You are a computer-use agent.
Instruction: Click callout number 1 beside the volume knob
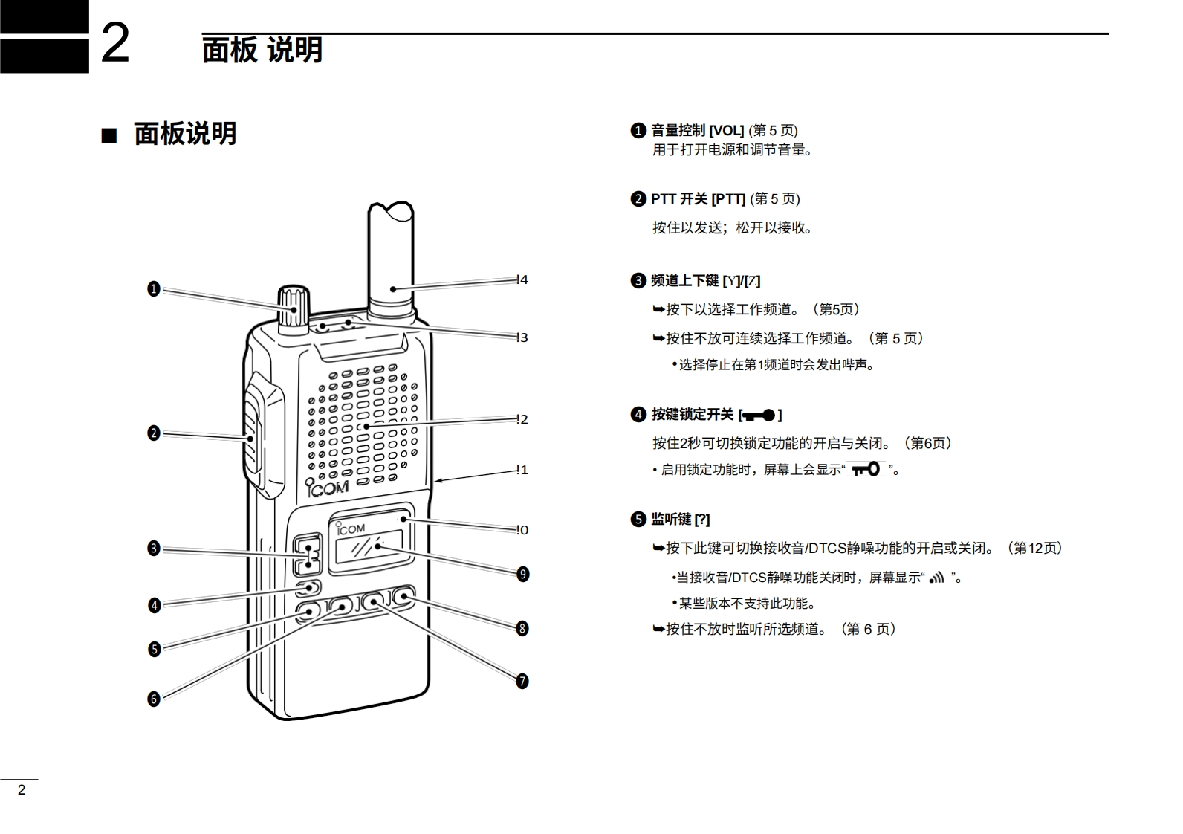click(x=154, y=288)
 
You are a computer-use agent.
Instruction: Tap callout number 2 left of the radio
click(x=154, y=433)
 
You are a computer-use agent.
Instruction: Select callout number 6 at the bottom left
click(x=154, y=699)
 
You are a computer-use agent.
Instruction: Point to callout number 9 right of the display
click(x=523, y=574)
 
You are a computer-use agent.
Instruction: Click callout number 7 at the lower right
click(x=522, y=681)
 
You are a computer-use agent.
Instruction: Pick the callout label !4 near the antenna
click(x=522, y=280)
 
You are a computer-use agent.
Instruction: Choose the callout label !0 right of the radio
click(x=522, y=530)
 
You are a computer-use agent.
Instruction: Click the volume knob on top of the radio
click(x=293, y=306)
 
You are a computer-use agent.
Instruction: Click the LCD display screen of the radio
click(x=369, y=548)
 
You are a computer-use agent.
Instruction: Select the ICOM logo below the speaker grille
click(x=328, y=488)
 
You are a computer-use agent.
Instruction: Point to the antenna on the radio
click(x=390, y=253)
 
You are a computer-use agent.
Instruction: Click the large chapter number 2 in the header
click(x=114, y=44)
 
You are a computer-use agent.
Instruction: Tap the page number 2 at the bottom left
click(x=22, y=790)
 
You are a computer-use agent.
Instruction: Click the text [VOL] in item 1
click(x=727, y=131)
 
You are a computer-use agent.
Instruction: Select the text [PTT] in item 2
click(x=728, y=199)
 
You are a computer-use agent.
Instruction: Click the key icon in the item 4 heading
click(x=759, y=415)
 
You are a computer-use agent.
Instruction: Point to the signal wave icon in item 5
click(x=936, y=578)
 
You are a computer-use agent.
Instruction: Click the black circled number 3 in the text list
click(x=638, y=281)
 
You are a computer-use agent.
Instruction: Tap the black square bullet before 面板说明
click(x=109, y=136)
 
